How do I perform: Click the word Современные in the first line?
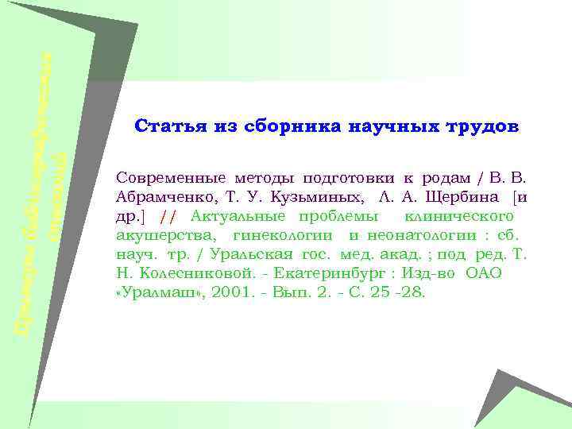coord(164,176)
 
